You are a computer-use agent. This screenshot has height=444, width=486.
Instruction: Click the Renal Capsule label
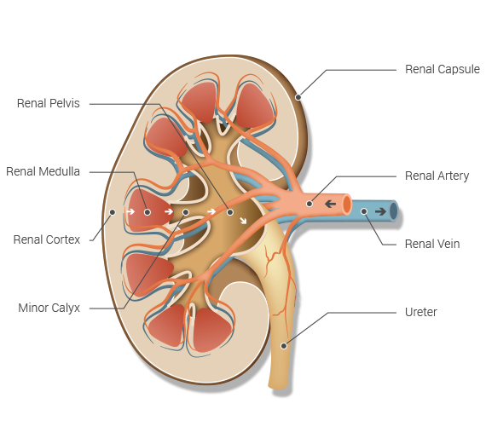[443, 69]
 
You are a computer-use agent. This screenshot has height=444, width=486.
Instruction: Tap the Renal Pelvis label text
[49, 103]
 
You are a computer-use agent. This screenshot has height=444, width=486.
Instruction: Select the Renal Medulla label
[43, 171]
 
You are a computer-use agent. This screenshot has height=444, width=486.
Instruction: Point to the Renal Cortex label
[47, 239]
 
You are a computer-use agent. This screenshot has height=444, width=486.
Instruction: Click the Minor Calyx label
[49, 308]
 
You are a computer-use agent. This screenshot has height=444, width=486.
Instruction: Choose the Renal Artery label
[437, 176]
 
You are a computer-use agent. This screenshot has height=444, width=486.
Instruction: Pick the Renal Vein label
[432, 244]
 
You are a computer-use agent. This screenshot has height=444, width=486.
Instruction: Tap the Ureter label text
[421, 312]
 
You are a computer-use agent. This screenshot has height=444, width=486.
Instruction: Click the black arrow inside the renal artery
[331, 204]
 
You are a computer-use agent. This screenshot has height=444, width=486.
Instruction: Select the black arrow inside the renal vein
[380, 211]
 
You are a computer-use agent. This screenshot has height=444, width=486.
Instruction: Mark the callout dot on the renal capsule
[298, 97]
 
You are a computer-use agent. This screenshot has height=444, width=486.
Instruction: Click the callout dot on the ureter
[284, 346]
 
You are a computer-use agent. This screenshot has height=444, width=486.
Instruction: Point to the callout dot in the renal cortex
[113, 212]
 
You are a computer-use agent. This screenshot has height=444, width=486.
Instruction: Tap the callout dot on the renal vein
[364, 211]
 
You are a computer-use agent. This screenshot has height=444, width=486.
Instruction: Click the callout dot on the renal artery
[310, 204]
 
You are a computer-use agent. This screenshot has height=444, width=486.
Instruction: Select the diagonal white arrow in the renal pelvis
[243, 221]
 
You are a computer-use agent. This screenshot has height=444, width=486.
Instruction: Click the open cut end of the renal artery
[347, 205]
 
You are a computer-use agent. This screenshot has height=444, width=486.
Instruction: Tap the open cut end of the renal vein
[394, 211]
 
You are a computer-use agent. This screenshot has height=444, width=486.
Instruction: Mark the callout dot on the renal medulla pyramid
[148, 212]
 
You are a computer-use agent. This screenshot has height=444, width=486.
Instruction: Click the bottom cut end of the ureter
[279, 386]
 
